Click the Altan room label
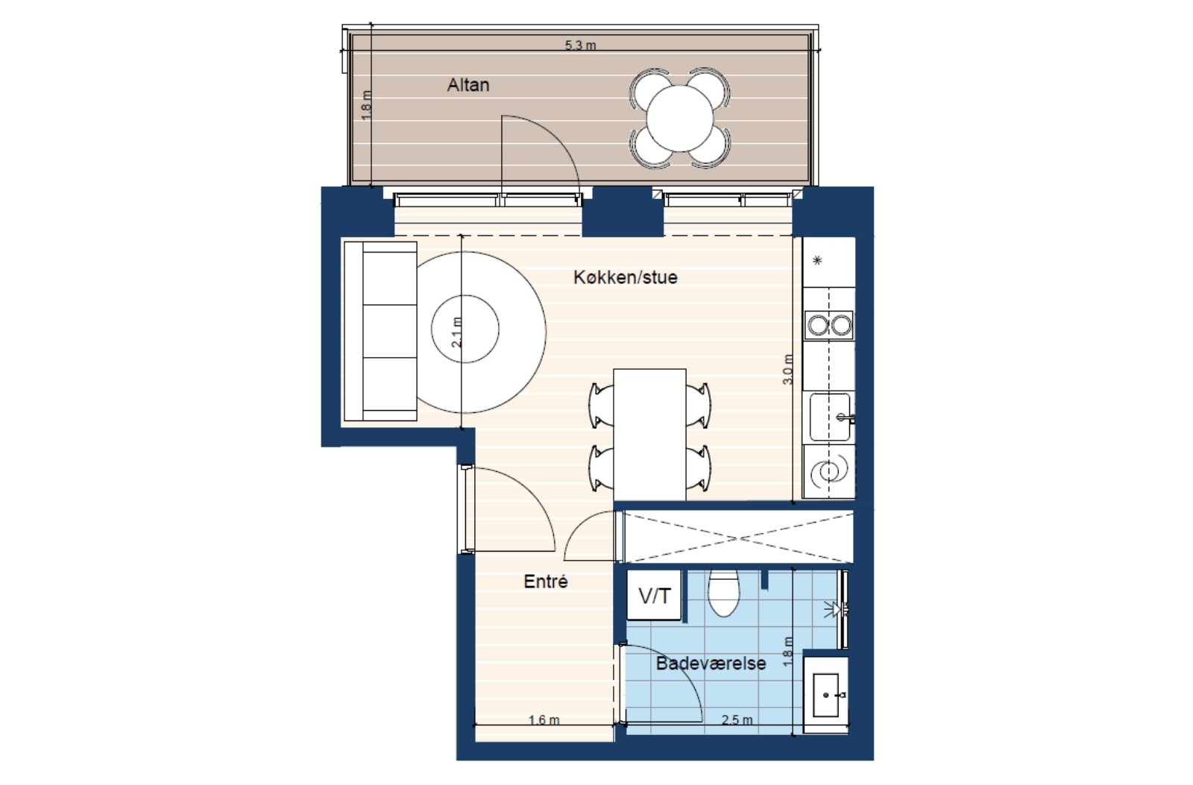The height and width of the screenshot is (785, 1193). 468,85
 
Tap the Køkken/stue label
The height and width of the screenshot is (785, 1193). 626,277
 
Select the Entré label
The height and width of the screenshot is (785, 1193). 546,581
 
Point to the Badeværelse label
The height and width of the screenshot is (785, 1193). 711,663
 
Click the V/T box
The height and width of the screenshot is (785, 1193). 654,596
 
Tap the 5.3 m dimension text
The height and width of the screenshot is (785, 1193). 581,45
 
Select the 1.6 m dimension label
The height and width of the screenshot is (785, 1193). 544,721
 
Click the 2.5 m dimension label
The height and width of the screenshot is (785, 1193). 737,721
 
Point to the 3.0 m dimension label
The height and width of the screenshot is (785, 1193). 788,369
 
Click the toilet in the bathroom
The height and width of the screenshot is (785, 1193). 724,592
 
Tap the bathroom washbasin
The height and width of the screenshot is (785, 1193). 826,695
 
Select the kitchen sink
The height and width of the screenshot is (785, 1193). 830,417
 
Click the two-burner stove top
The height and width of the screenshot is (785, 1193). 830,325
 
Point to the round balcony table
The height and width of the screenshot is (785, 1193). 680,119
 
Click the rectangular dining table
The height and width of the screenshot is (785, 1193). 649,435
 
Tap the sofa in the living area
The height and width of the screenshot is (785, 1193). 380,331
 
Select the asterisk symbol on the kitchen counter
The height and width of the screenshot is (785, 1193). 818,260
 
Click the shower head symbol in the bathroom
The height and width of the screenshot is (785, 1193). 834,609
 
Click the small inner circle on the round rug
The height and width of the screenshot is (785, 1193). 465,329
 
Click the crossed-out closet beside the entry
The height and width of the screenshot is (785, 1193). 738,537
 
